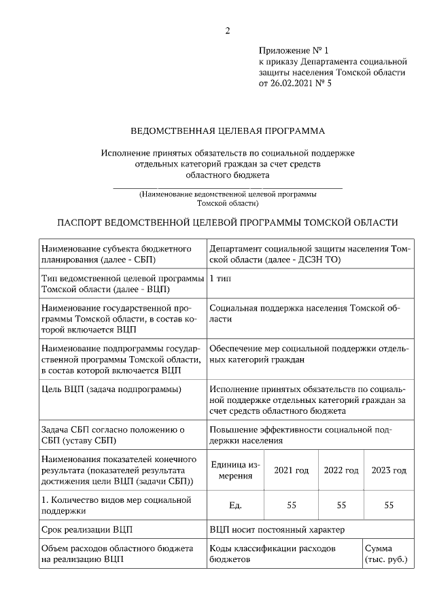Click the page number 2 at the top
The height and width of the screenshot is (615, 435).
228,31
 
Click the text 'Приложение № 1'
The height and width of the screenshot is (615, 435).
294,51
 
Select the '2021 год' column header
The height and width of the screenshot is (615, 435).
291,470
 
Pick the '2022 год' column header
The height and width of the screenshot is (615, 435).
341,470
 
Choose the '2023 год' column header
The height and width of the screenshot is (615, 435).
389,470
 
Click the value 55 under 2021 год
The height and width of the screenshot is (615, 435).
291,505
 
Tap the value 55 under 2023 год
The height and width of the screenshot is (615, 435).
389,505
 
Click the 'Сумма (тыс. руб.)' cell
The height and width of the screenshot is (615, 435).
385,554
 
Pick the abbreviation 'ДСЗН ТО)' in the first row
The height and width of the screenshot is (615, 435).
322,260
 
